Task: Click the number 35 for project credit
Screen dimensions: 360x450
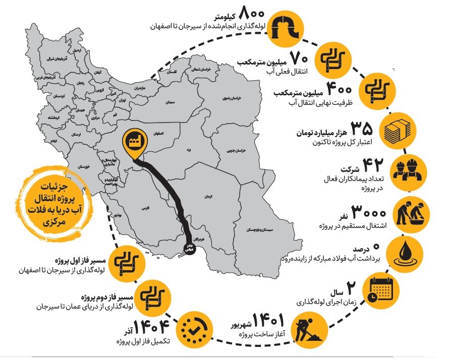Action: coord(362,127)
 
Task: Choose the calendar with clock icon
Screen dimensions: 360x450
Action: coord(381,290)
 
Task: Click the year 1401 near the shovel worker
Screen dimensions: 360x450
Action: coord(268,320)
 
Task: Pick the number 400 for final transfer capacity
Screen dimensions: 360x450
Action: coord(339,88)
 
